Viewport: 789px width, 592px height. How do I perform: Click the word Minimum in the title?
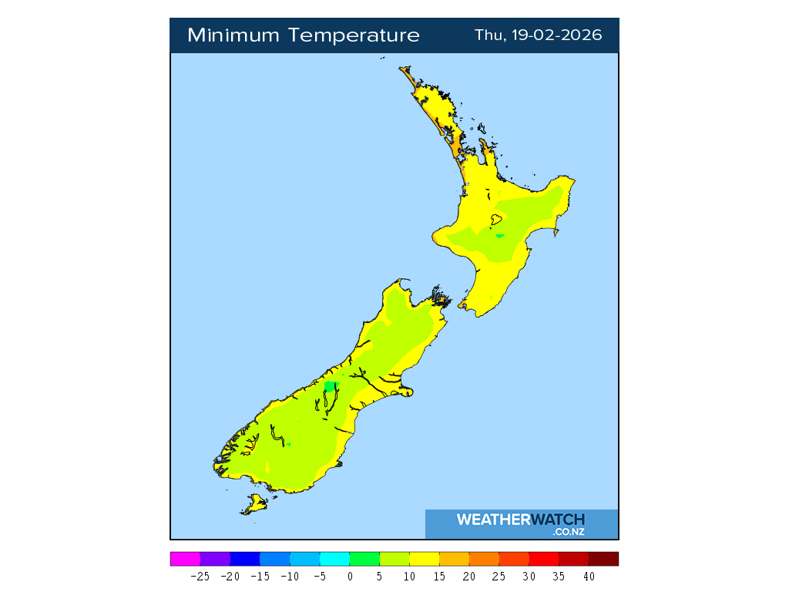[x=234, y=35]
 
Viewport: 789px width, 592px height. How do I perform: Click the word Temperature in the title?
[x=355, y=35]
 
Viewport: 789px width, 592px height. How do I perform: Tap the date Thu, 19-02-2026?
[x=538, y=35]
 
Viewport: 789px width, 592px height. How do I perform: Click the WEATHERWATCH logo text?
[x=520, y=520]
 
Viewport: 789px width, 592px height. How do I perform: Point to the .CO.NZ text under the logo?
[x=569, y=532]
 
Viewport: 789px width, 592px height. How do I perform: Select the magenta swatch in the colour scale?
[x=185, y=559]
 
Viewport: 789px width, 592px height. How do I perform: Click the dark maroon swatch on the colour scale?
[x=603, y=559]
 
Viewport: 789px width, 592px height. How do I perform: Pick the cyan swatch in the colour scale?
[x=334, y=559]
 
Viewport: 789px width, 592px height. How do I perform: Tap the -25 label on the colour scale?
[x=200, y=576]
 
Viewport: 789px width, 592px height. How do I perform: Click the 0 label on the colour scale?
[x=350, y=576]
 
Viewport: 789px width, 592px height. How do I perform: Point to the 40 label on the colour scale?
[x=589, y=576]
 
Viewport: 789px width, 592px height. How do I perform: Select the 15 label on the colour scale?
[x=439, y=576]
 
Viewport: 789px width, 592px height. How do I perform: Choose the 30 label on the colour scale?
[x=529, y=576]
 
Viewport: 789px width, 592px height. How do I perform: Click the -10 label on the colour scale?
[x=290, y=576]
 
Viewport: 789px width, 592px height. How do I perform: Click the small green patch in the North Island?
[x=500, y=236]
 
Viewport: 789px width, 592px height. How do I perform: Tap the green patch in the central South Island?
[x=331, y=386]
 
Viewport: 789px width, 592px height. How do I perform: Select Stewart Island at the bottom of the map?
[x=253, y=505]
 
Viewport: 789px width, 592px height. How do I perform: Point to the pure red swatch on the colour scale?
[x=544, y=559]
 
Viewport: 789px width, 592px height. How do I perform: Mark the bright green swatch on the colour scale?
[x=364, y=559]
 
